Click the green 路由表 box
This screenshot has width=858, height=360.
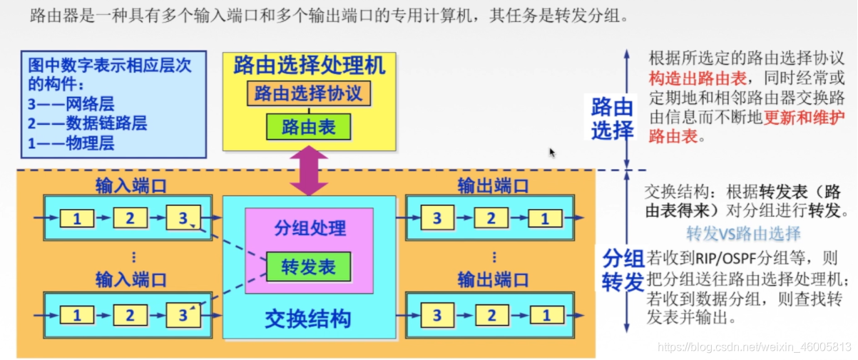pos(309,127)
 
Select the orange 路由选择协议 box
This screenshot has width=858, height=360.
pos(309,93)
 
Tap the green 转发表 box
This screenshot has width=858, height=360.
pos(308,267)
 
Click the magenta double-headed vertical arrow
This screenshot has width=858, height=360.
pos(309,170)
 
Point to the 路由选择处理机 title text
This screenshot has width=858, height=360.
pos(309,66)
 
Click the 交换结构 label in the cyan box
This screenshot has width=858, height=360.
pos(308,319)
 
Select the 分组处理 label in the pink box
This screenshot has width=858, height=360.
pos(310,228)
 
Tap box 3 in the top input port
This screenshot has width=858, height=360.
pos(183,218)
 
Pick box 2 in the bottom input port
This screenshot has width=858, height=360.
pos(130,314)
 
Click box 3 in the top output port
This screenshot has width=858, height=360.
pos(437,218)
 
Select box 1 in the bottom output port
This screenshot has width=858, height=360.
pos(546,314)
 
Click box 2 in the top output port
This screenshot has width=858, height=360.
pos(491,218)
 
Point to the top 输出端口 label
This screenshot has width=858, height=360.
pos(493,187)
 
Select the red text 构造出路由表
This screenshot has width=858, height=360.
pos(690,79)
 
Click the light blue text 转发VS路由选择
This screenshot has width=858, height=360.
pos(743,234)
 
